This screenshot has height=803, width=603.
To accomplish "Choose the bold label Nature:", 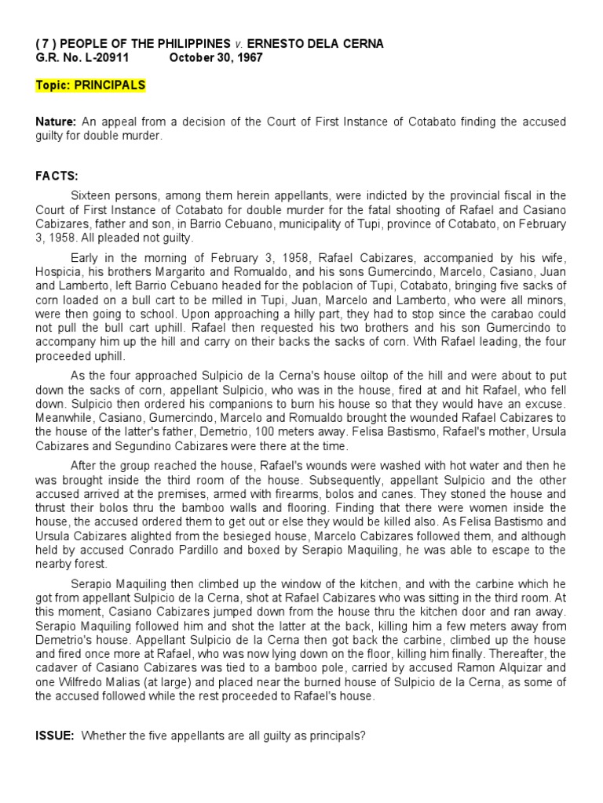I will tap(55, 122).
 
